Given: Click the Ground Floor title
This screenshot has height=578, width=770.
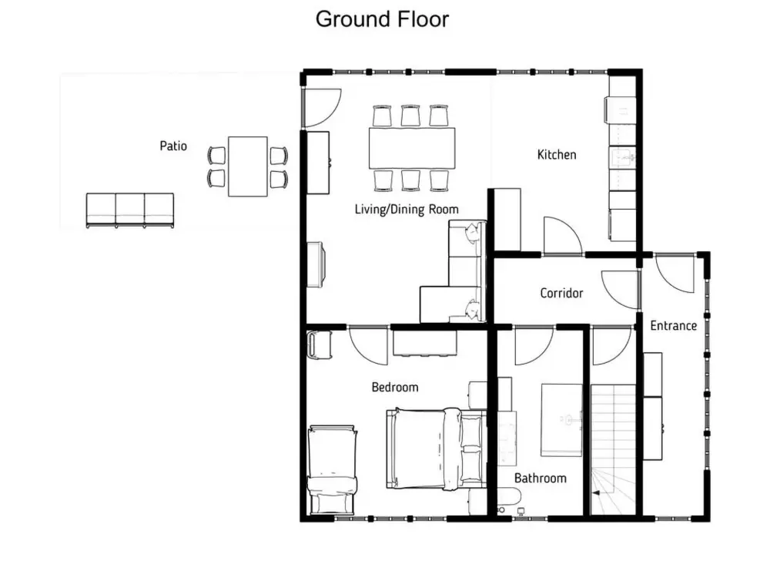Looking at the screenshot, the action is (382, 20).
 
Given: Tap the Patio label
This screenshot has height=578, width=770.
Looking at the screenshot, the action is (173, 146).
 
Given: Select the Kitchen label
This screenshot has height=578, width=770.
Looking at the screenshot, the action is (557, 155).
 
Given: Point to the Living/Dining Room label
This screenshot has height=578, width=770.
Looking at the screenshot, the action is (407, 210).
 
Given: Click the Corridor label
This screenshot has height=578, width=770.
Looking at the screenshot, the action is (561, 294).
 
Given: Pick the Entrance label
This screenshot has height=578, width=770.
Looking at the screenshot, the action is (673, 326).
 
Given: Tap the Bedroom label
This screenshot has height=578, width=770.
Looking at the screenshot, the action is (395, 388).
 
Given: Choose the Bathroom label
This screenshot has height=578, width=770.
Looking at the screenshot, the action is (541, 479).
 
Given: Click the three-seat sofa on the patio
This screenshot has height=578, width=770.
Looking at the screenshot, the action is (130, 210).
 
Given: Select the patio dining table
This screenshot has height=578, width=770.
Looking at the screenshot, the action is (248, 166).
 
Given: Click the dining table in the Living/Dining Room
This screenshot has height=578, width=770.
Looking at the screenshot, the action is (412, 148).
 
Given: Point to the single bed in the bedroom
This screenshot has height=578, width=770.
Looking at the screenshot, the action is (332, 469).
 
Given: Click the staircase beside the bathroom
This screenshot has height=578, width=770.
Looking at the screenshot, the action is (613, 450).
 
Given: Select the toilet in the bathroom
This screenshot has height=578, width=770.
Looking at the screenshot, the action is (509, 497).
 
